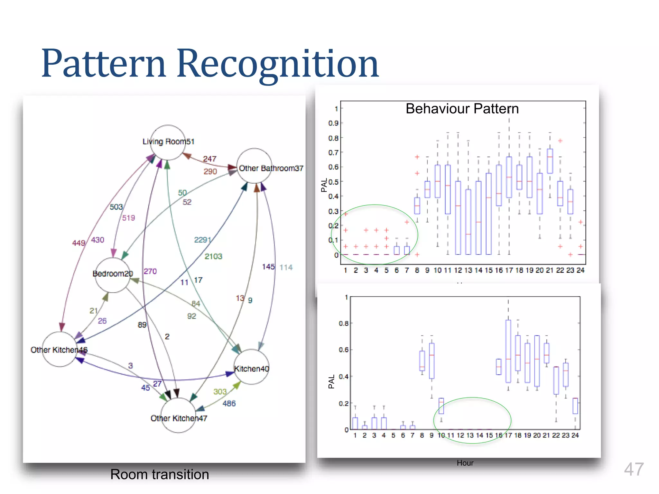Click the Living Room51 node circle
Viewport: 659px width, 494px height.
[168, 142]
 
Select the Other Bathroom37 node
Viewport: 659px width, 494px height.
[255, 166]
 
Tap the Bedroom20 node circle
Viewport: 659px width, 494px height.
[113, 275]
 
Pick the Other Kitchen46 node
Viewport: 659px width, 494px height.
[60, 349]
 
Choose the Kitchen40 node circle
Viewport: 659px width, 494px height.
[251, 367]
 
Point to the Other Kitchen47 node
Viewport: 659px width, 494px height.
[178, 415]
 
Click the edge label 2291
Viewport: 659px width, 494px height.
[202, 240]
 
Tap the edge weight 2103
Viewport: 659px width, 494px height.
[213, 256]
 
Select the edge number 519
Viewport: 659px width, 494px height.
[128, 218]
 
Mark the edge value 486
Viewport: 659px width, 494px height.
[229, 403]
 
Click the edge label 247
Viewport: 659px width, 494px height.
[209, 159]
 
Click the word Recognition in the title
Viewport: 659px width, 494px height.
[278, 63]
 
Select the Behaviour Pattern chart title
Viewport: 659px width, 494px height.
[462, 109]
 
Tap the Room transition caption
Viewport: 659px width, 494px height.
[160, 474]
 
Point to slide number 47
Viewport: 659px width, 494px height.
[634, 469]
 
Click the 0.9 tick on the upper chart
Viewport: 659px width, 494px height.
[333, 123]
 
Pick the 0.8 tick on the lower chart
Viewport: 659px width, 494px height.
[343, 323]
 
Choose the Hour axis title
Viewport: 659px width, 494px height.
[465, 463]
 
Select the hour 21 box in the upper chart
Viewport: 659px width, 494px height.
[550, 161]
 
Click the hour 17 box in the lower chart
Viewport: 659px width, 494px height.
[508, 351]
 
